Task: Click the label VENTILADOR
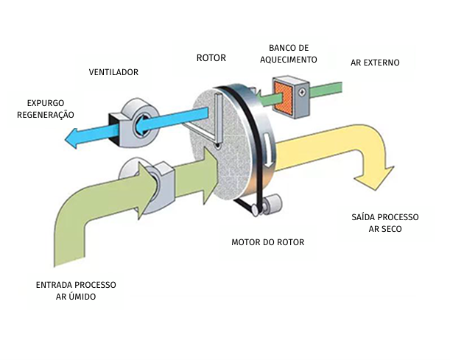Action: (113, 72)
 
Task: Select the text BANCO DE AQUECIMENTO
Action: (292, 53)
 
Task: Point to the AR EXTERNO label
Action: (376, 63)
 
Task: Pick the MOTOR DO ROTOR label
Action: (267, 242)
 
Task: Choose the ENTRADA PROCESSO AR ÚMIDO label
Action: (75, 290)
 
